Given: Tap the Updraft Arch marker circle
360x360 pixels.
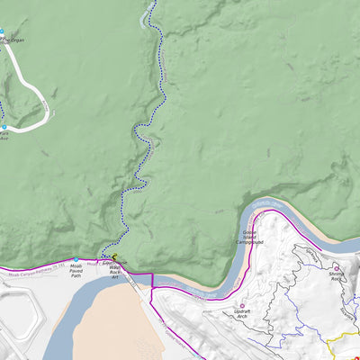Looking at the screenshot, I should click(240, 305).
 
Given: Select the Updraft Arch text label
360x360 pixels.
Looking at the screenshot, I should click(240, 314).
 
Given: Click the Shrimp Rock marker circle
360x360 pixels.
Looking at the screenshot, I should click(337, 268).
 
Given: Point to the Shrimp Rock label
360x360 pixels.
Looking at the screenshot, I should click(337, 278).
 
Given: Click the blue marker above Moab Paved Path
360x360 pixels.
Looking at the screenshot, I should click(76, 260).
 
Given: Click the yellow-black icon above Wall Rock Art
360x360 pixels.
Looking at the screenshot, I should click(115, 257).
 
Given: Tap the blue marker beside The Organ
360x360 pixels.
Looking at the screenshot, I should click(2, 32).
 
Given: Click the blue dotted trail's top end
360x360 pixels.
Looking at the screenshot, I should click(153, 3).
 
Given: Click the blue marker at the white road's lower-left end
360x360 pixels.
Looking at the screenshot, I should click(4, 128).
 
